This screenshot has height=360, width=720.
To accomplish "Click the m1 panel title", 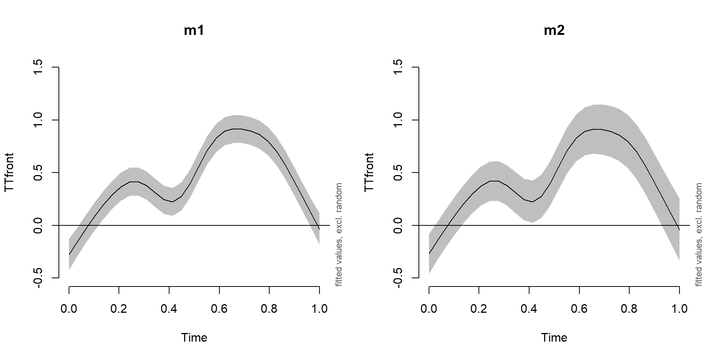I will (x=194, y=30).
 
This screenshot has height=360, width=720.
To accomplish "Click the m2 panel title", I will (x=554, y=30).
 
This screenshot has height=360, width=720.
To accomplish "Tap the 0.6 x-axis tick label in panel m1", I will (x=219, y=309).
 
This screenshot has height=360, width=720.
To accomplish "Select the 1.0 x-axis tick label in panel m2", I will (x=679, y=309).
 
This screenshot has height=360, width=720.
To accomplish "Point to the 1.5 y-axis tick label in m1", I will (x=38, y=67).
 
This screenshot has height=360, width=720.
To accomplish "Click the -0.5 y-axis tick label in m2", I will (x=398, y=278).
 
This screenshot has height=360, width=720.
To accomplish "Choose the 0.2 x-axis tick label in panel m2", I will (x=479, y=309).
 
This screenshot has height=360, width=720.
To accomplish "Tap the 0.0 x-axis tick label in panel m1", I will (x=69, y=309).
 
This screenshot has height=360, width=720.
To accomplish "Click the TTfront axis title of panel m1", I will (x=9, y=172).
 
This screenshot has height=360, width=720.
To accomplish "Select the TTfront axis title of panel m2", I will (x=369, y=172).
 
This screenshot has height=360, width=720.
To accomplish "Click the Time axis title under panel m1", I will (x=194, y=337).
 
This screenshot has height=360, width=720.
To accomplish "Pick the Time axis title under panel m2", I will (x=554, y=337).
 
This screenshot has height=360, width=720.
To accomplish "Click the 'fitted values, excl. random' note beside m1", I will (x=339, y=234).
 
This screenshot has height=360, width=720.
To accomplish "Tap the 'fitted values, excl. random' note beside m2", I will (x=698, y=234).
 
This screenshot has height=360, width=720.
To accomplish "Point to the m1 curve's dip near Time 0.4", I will (x=172, y=202).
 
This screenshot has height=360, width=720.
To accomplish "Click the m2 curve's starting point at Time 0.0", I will (x=429, y=254).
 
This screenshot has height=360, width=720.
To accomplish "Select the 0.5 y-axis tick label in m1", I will (x=38, y=172).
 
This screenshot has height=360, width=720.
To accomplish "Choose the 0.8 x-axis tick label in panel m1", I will (x=269, y=309).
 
